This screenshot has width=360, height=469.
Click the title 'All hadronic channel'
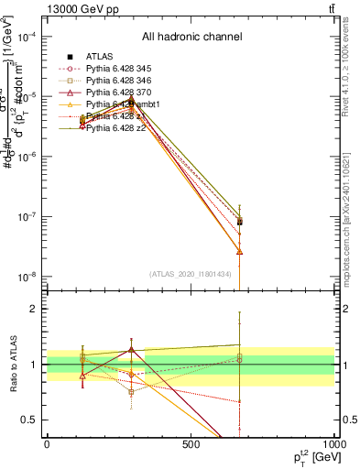pyautogui.click(x=191, y=38)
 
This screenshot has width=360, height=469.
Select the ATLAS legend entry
pyautogui.click(x=97, y=57)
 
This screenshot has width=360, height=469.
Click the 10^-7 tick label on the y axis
pyautogui.click(x=27, y=217)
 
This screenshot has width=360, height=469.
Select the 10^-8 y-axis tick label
pyautogui.click(x=27, y=278)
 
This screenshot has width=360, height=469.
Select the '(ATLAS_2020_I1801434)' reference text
pyautogui.click(x=191, y=274)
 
